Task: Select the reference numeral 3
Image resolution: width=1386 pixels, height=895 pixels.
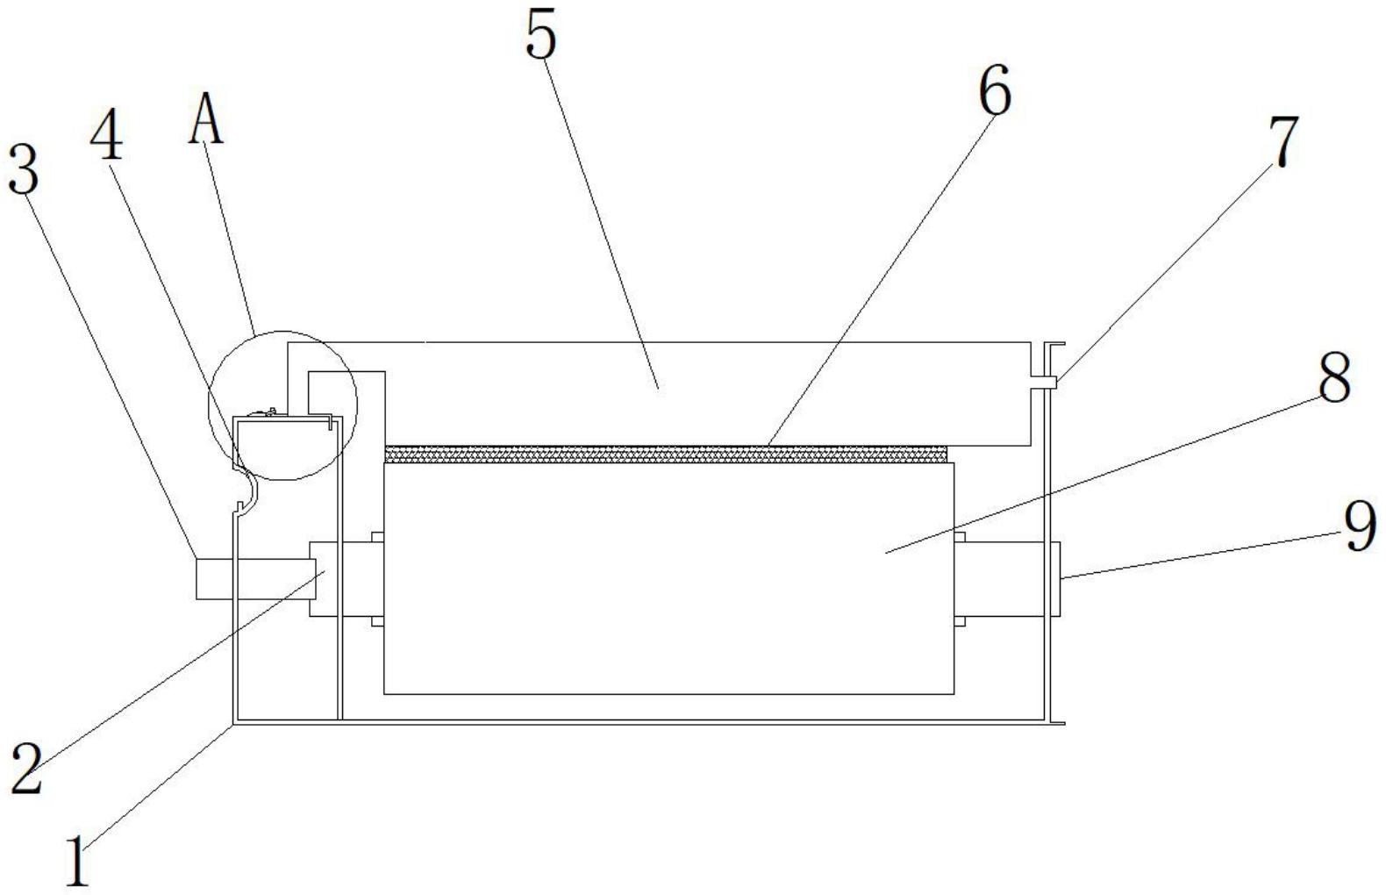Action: (24, 170)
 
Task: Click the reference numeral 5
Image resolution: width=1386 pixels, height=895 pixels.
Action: (541, 37)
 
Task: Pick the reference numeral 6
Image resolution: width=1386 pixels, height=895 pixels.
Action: (995, 91)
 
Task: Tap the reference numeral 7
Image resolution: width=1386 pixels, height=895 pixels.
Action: (1282, 142)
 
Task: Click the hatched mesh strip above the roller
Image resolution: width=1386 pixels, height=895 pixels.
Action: (667, 454)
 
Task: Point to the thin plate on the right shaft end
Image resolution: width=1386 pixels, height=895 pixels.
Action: (1056, 579)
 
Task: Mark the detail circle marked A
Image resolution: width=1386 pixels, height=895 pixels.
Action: (283, 405)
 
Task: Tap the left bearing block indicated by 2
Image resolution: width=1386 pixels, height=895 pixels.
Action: (325, 579)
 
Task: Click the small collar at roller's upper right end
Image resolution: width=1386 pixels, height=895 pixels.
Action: (960, 537)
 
